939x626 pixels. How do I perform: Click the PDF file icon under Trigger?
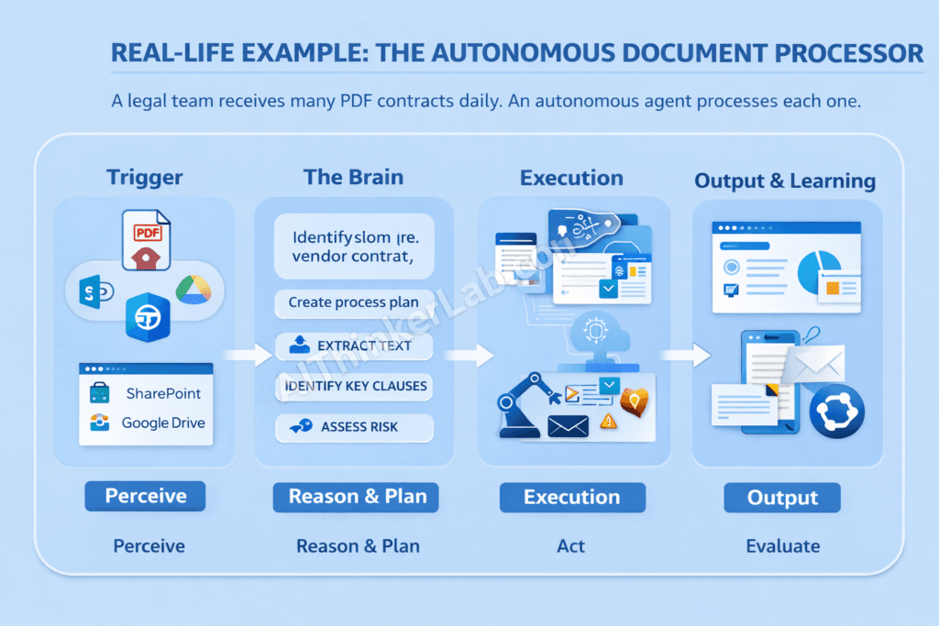pyautogui.click(x=146, y=241)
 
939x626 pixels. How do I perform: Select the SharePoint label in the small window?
pyautogui.click(x=163, y=393)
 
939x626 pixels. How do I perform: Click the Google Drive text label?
pyautogui.click(x=163, y=423)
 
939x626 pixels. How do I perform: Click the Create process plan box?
pyautogui.click(x=353, y=302)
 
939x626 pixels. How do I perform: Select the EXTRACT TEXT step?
pyautogui.click(x=353, y=346)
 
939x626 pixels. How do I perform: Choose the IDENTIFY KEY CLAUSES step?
pyautogui.click(x=355, y=386)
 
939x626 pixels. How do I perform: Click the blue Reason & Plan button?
pyautogui.click(x=356, y=497)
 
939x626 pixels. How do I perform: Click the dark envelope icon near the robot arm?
pyautogui.click(x=568, y=426)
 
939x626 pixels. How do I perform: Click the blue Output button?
pyautogui.click(x=782, y=498)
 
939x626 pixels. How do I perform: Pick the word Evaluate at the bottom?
pyautogui.click(x=782, y=546)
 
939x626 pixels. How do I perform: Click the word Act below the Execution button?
pyautogui.click(x=570, y=546)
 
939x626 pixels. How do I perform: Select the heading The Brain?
pyautogui.click(x=353, y=177)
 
